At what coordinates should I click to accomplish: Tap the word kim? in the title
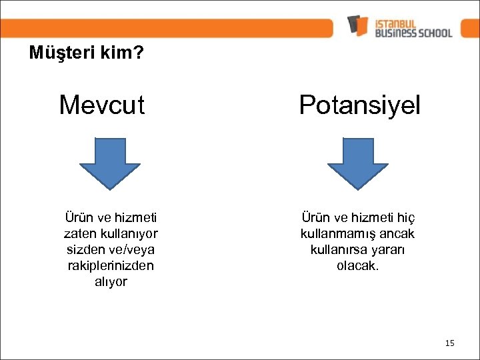(123, 53)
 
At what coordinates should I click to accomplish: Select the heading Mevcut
(101, 105)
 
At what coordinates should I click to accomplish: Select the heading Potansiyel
(360, 105)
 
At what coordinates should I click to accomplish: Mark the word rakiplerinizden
(110, 265)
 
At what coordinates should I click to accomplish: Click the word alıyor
(110, 282)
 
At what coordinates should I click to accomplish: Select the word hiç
(406, 218)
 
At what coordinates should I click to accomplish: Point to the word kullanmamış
(338, 234)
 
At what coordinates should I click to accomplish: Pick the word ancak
(397, 234)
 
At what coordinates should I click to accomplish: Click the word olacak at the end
(357, 265)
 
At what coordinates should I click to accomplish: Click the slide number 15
(449, 343)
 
